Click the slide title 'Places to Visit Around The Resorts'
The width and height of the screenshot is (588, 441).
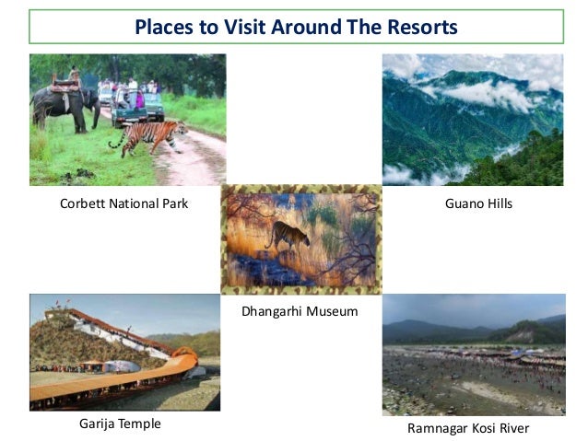pos(295,27)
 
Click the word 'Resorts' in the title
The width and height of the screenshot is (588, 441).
pos(423,27)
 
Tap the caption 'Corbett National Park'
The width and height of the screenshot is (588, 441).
pos(123,203)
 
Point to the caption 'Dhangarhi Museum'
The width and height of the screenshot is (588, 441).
pos(299,311)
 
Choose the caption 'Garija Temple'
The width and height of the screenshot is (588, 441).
pos(121,424)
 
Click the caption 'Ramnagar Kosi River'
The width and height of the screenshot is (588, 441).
pos(468,428)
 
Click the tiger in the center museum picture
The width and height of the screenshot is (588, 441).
pos(288,237)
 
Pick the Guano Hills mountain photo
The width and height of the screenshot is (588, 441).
pos(472,120)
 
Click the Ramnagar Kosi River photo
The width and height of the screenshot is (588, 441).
pos(473,354)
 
